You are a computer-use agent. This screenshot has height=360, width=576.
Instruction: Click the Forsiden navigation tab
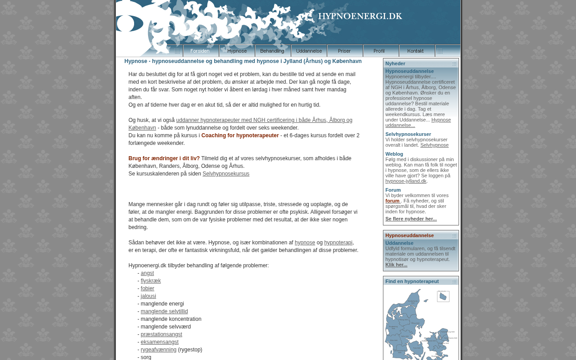pos(201,51)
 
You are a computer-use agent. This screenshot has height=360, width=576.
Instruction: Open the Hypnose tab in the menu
pos(237,51)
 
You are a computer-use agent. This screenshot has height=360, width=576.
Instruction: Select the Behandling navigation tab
pos(273,51)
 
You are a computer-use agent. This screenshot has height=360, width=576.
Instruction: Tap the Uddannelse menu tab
pos(309,51)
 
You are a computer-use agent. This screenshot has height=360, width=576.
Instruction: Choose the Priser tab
pos(345,51)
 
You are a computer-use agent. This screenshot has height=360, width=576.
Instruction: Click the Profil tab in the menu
pos(381,51)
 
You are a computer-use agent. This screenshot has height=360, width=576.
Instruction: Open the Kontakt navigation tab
pos(417,51)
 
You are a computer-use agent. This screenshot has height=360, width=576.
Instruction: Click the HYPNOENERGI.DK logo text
pos(360,16)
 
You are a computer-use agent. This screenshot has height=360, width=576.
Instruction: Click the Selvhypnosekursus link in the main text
pos(226,174)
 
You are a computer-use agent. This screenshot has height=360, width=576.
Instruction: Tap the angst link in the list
pos(147,273)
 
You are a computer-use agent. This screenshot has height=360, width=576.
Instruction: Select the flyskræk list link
pos(151,281)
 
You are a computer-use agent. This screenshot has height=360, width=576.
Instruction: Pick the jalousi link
pos(148,296)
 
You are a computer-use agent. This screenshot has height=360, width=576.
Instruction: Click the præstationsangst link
pos(162,334)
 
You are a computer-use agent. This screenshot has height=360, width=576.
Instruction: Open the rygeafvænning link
pos(158,350)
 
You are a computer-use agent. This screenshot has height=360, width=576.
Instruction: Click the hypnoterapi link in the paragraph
pos(338,243)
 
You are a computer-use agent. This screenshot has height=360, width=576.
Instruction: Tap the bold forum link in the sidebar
pos(392,201)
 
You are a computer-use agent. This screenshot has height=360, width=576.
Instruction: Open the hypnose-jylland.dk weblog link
pos(406,181)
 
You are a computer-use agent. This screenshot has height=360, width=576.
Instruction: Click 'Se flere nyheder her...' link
pos(411,219)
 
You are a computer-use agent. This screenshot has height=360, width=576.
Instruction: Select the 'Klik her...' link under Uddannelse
pos(396,265)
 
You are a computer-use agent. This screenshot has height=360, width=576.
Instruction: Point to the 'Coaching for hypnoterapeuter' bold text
pos(240,135)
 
